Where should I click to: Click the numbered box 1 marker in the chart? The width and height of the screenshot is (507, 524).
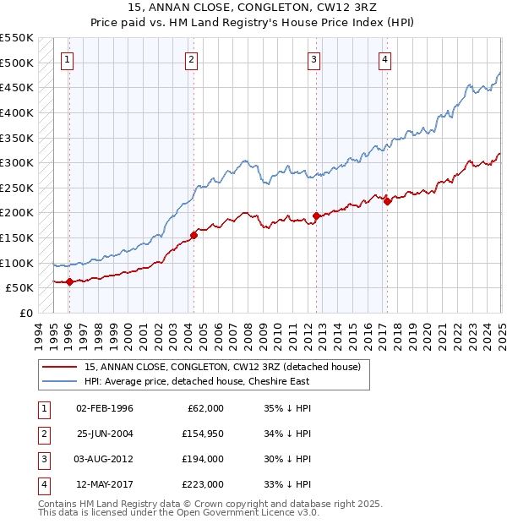tap(67, 59)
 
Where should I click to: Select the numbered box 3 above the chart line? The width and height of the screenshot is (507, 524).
tap(313, 59)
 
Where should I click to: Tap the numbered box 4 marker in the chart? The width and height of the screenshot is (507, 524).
tap(384, 59)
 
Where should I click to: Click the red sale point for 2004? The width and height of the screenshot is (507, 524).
tap(194, 235)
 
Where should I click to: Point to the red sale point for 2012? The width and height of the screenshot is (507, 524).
tap(316, 216)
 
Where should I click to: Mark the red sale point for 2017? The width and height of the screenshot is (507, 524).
tap(387, 201)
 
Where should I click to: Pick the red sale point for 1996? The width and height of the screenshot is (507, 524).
tap(69, 281)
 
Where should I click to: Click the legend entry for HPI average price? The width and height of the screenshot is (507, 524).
tap(198, 381)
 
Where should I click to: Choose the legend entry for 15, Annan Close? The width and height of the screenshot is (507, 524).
tap(222, 367)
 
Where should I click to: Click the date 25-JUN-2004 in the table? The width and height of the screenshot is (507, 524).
tap(105, 434)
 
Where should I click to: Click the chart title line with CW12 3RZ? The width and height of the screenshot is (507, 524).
tap(253, 10)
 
